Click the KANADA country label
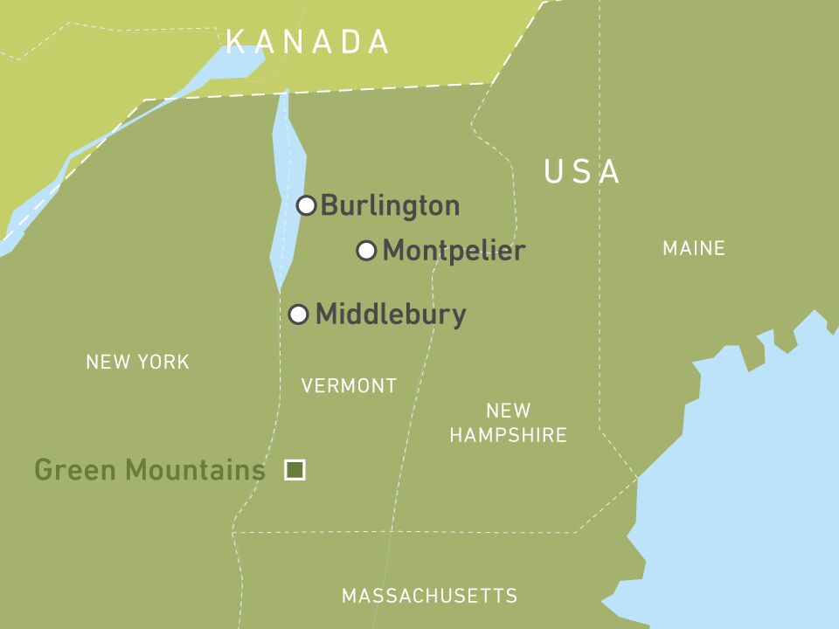pyautogui.click(x=308, y=42)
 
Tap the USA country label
pyautogui.click(x=582, y=172)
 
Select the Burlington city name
pyautogui.click(x=390, y=206)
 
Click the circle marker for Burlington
pyautogui.click(x=306, y=205)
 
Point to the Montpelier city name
pyautogui.click(x=454, y=251)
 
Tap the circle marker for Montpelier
pyautogui.click(x=367, y=251)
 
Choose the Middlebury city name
pyautogui.click(x=391, y=314)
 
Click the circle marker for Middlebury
pyautogui.click(x=299, y=314)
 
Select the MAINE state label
pyautogui.click(x=694, y=249)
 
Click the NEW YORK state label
pyautogui.click(x=137, y=362)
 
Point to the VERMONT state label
pyautogui.click(x=349, y=385)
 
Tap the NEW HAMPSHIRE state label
pyautogui.click(x=509, y=422)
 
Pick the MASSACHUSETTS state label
pyautogui.click(x=429, y=596)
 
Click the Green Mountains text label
pyautogui.click(x=149, y=470)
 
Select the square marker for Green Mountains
pyautogui.click(x=295, y=470)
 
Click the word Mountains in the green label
pyautogui.click(x=195, y=470)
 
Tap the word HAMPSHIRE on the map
pyautogui.click(x=509, y=435)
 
